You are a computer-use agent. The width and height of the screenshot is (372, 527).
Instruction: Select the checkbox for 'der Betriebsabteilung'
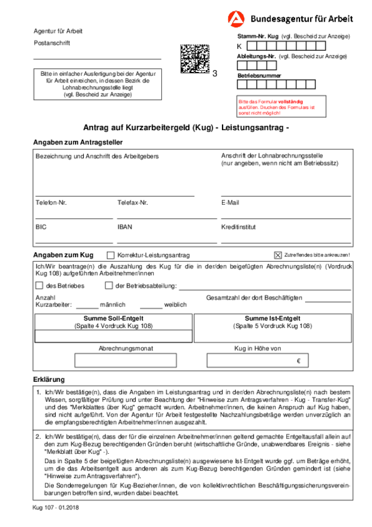110,286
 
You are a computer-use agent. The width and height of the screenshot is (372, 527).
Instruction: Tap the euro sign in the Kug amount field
298,361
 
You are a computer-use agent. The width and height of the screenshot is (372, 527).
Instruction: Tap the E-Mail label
230,203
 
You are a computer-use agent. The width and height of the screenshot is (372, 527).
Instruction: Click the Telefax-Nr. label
133,203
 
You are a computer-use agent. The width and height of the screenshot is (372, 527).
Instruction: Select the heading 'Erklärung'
48,379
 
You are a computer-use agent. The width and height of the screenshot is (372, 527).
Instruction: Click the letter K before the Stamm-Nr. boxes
240,46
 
